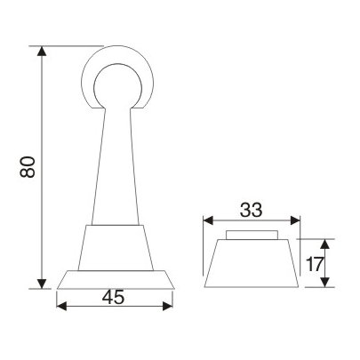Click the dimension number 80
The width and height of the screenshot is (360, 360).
27,166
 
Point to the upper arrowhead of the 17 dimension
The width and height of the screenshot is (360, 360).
326,243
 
